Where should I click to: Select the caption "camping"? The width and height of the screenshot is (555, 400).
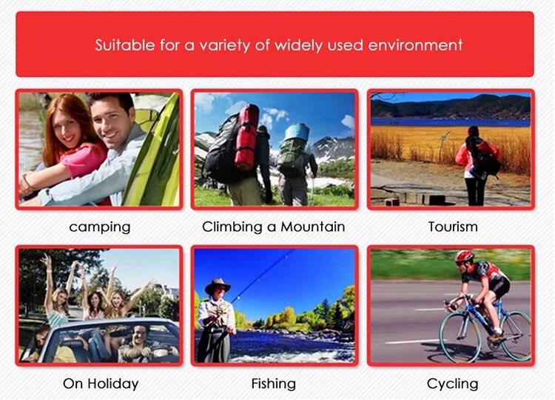click(x=100, y=227)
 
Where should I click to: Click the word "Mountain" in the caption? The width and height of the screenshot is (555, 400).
click(x=313, y=227)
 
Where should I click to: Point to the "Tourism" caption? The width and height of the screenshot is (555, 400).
click(x=453, y=227)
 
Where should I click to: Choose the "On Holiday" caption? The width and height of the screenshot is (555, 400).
click(x=101, y=384)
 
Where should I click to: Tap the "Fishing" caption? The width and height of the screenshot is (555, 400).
click(x=274, y=384)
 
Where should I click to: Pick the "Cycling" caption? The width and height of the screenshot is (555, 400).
click(x=453, y=384)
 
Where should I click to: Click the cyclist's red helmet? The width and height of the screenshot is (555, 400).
click(x=464, y=256)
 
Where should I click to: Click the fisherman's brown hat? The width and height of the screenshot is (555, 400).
click(x=218, y=285)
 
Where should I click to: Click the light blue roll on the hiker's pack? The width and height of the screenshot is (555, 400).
click(x=297, y=132)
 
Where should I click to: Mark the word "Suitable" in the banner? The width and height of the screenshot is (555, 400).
click(x=125, y=45)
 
